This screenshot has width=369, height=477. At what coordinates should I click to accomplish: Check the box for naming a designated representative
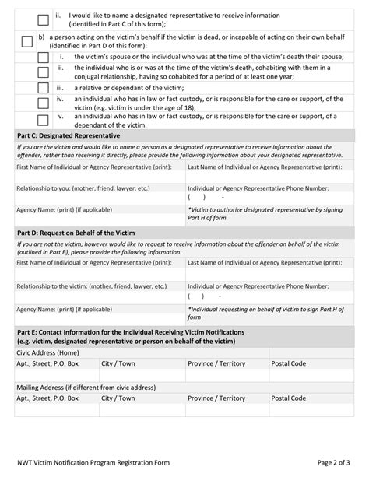[43, 19]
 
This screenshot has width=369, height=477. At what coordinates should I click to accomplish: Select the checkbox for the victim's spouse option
[43, 57]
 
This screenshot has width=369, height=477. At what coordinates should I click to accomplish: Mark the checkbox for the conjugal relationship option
[43, 72]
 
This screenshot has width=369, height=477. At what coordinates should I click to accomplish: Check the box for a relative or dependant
[43, 88]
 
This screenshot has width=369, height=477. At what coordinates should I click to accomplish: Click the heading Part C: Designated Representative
[69, 135]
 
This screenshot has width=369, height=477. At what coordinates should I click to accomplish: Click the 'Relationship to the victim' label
[92, 286]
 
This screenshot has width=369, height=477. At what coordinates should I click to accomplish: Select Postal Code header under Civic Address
[288, 363]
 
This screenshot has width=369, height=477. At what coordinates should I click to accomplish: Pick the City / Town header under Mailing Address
[118, 398]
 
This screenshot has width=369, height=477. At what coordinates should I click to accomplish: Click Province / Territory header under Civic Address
[216, 363]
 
